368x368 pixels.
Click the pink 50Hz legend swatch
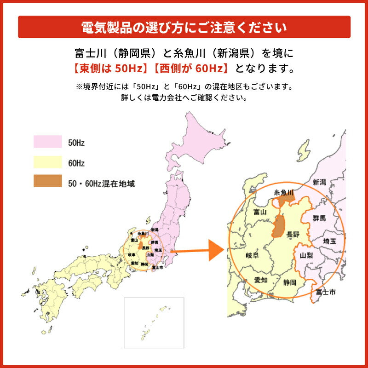coord(47,142)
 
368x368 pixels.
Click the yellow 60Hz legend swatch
coord(47,162)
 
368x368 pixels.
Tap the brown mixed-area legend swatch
coord(47,182)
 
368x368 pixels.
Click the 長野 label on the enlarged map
coord(293,235)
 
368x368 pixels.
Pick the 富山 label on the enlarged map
coord(260,213)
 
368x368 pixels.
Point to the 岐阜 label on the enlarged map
coord(253,256)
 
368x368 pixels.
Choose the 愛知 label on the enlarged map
coord(261,280)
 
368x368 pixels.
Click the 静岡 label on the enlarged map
coord(290,282)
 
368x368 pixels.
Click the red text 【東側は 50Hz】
coord(108,69)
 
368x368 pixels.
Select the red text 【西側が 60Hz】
coord(191,69)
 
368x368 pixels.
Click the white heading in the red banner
coord(184,27)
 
